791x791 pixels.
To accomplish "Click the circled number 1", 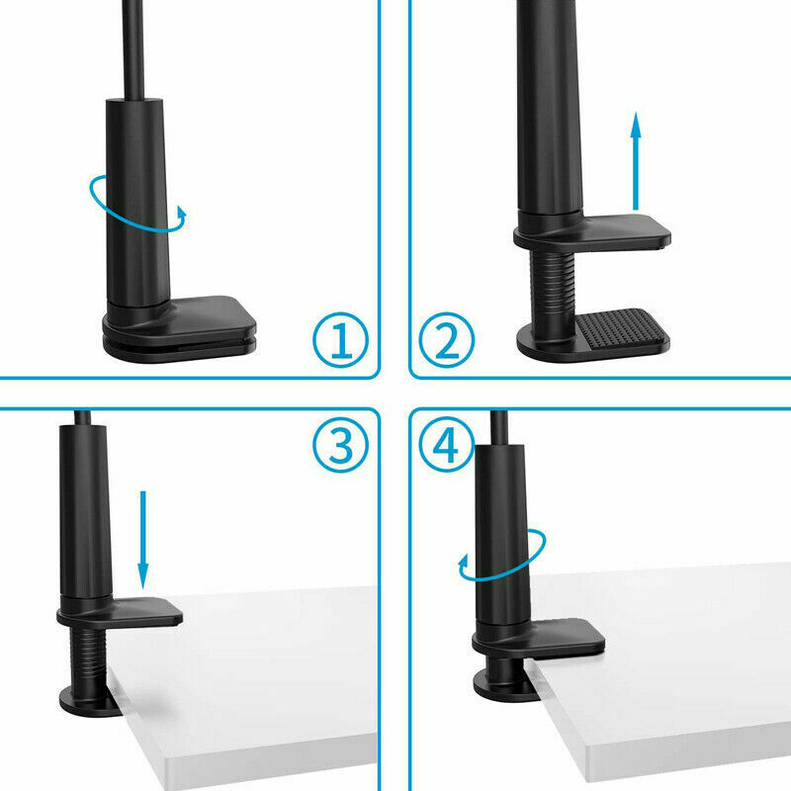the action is point(340,339).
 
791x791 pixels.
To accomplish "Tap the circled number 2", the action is point(447,339).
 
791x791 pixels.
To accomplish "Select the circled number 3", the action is point(340,444).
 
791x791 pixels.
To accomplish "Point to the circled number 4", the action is point(447,444).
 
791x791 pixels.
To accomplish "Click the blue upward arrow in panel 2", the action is point(636,161).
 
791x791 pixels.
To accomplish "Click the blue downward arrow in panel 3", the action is point(142,540).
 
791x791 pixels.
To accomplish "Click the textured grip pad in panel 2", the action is point(620,328).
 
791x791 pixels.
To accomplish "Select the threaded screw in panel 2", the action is point(552,289).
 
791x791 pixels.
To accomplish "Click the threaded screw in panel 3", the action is point(88,657).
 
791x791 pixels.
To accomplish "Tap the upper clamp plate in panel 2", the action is point(592,233).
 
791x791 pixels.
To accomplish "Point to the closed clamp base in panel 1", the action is point(179,328).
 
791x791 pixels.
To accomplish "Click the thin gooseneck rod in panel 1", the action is point(133,49).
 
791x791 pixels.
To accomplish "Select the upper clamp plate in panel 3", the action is point(120,612).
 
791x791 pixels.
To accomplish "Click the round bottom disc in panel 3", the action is point(89,701).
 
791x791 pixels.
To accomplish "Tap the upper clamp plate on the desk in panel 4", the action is point(539,638).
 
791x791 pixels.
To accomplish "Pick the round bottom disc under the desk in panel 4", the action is point(504,686).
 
